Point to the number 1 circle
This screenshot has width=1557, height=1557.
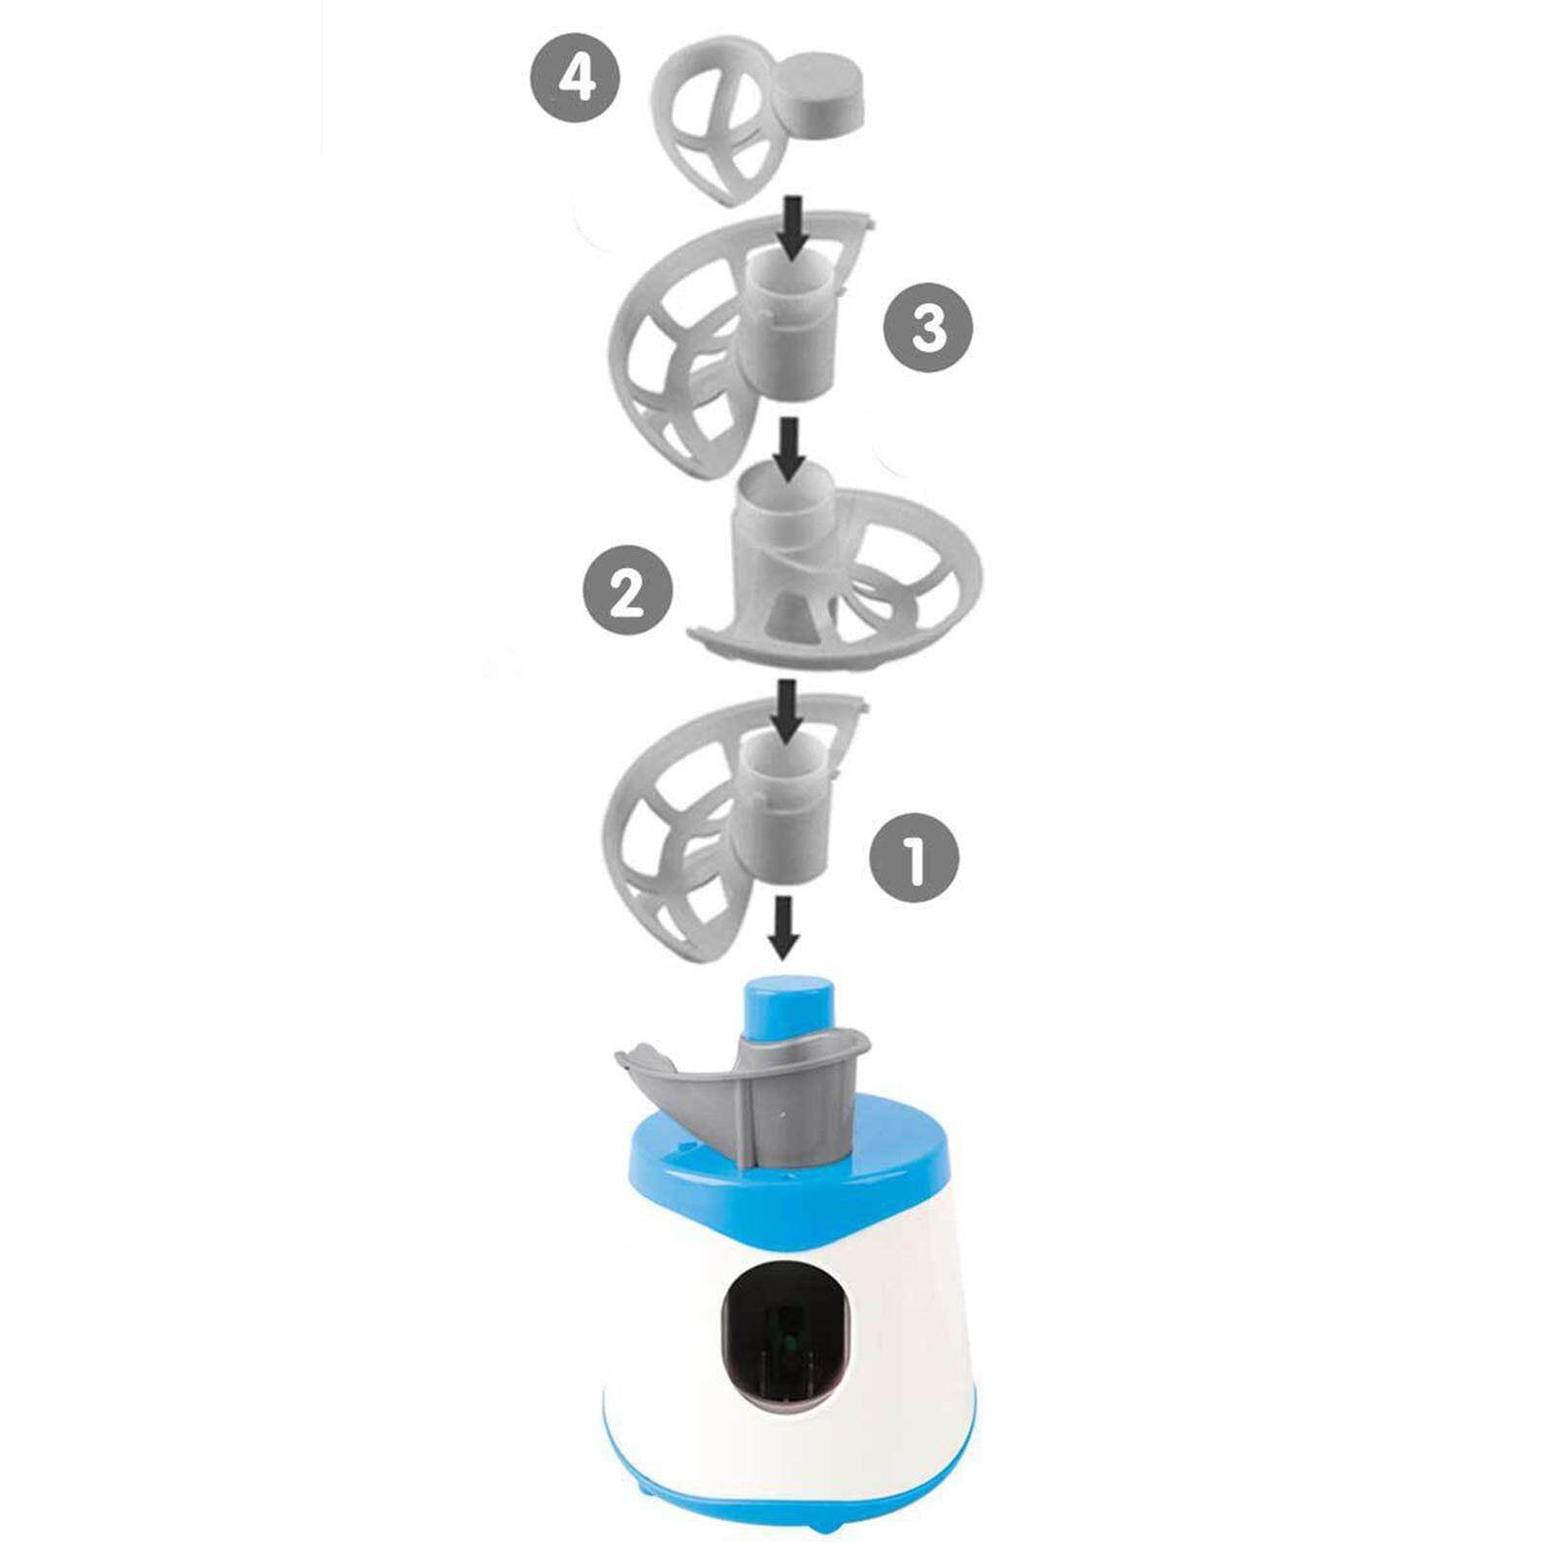(914, 857)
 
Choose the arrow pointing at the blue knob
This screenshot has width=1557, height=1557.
(784, 926)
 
